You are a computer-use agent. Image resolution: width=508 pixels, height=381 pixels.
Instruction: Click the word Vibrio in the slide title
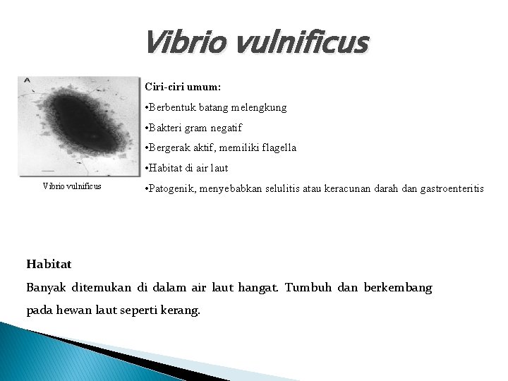[183, 44]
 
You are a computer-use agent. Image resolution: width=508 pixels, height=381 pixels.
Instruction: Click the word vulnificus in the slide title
[296, 44]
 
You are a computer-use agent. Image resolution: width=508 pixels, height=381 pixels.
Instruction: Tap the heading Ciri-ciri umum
[183, 87]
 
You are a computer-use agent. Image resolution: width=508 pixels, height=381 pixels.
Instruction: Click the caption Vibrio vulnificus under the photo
[72, 186]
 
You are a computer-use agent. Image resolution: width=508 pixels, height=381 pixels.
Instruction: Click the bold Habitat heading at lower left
[49, 264]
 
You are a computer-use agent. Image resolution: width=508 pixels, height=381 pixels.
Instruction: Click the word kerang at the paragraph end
[181, 310]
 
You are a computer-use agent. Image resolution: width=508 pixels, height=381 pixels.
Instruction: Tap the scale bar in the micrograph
[48, 169]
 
